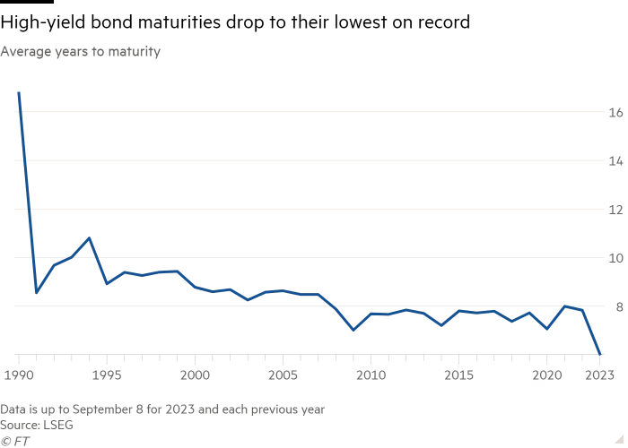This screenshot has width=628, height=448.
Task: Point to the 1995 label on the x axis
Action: tap(107, 375)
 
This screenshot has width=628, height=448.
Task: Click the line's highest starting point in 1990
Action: tap(19, 92)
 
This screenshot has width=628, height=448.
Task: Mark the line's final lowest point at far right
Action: tap(599, 355)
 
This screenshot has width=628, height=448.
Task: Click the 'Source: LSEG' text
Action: tap(36, 423)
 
